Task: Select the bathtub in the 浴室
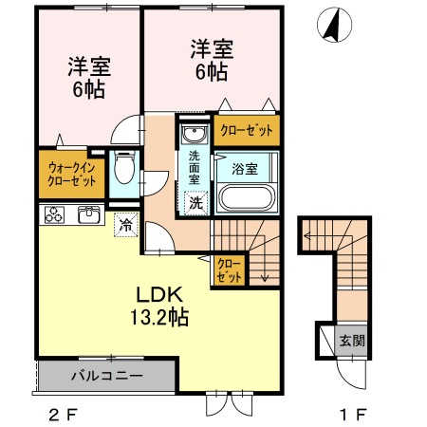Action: click(246, 197)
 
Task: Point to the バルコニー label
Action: click(107, 376)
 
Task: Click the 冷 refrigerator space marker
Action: click(125, 225)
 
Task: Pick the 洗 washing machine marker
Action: click(195, 201)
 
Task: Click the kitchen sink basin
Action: click(88, 214)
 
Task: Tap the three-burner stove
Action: click(52, 215)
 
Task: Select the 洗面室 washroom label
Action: click(195, 166)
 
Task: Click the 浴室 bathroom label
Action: click(246, 168)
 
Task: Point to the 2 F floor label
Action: click(60, 415)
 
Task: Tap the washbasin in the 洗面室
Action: click(194, 133)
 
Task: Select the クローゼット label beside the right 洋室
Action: click(246, 131)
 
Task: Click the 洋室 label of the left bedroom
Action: click(89, 67)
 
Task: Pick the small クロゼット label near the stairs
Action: click(229, 270)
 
